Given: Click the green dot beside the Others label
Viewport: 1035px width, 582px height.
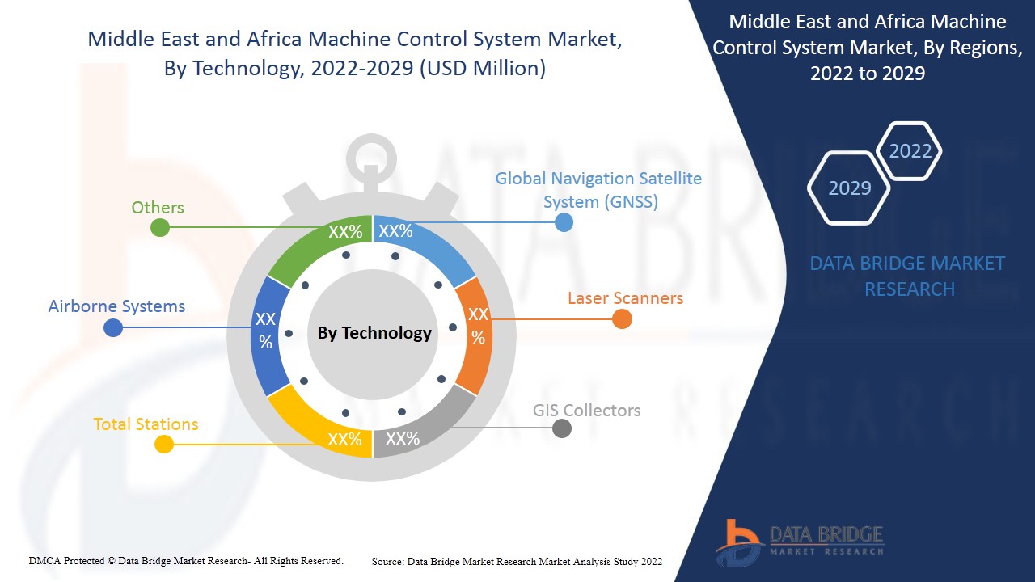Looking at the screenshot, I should tap(160, 227).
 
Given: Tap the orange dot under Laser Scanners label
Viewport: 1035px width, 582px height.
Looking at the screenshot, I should tap(621, 318).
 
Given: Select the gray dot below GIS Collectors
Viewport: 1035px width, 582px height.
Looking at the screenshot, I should tap(561, 428).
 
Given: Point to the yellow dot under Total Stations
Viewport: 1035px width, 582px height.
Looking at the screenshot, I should tap(164, 444).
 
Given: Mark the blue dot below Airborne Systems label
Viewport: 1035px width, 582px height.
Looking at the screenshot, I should tap(113, 327).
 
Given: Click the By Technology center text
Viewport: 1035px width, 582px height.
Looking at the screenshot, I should tap(374, 333).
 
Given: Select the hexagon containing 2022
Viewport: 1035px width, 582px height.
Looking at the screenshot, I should tap(910, 151).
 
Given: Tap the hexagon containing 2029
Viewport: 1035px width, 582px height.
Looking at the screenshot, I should tap(849, 188).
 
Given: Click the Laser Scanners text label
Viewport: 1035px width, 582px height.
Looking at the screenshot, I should tap(625, 297).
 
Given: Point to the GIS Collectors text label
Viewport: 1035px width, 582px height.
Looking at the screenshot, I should tap(586, 410).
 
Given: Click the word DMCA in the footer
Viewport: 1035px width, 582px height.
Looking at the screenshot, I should tap(44, 560).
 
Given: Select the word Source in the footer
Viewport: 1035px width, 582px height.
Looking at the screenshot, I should tap(387, 561).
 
